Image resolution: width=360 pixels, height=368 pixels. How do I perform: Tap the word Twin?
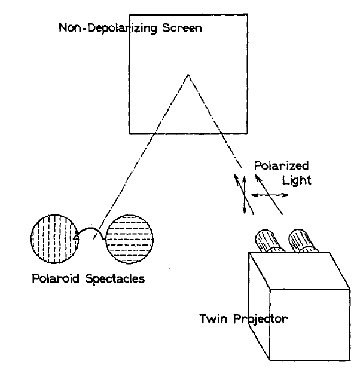click(211, 318)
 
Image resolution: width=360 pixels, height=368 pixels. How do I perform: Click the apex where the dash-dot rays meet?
click(188, 75)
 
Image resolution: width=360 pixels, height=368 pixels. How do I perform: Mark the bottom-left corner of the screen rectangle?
click(130, 133)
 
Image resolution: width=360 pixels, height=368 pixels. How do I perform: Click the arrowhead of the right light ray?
click(257, 176)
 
